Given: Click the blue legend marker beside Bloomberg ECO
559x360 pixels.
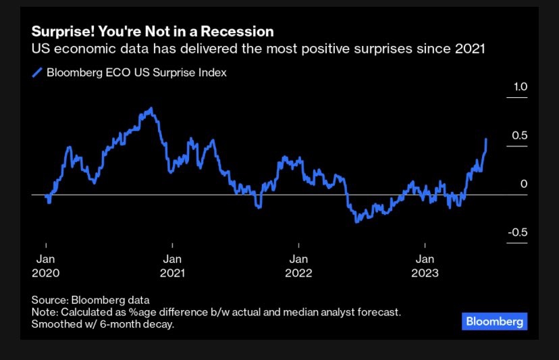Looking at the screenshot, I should [x=38, y=73].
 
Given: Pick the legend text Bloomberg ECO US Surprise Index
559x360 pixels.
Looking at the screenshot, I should [x=136, y=73].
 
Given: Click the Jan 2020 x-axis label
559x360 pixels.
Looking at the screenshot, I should [x=46, y=266].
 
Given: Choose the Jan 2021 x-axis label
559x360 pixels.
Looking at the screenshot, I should [x=172, y=266].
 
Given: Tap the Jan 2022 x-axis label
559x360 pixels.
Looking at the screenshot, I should [x=298, y=266].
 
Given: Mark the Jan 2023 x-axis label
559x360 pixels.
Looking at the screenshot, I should [x=425, y=266].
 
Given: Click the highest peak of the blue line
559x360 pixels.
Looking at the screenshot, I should [x=151, y=108].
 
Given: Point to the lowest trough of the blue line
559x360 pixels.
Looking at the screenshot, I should [x=356, y=221].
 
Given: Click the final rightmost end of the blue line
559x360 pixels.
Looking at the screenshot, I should [x=486, y=139].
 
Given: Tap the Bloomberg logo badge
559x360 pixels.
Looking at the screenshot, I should [x=495, y=322].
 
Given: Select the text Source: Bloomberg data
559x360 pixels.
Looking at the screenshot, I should [x=90, y=300].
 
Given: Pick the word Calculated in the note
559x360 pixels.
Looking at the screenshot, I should [x=86, y=312].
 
